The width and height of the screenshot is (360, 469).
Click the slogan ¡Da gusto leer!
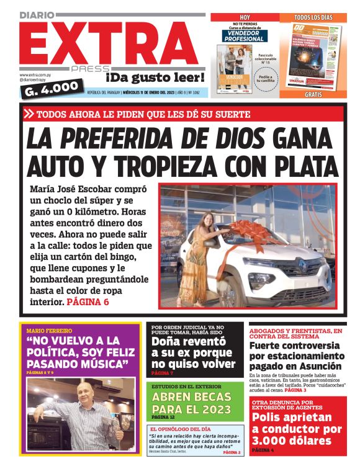pos(155,78)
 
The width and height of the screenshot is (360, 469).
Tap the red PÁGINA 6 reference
pos(88,302)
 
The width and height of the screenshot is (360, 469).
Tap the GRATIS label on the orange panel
pos(313,95)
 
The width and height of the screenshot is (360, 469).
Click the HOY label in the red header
pos(245,17)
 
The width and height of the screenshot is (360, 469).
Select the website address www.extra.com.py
pos(34,75)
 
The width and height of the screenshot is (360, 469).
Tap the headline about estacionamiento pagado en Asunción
pos(297,357)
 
